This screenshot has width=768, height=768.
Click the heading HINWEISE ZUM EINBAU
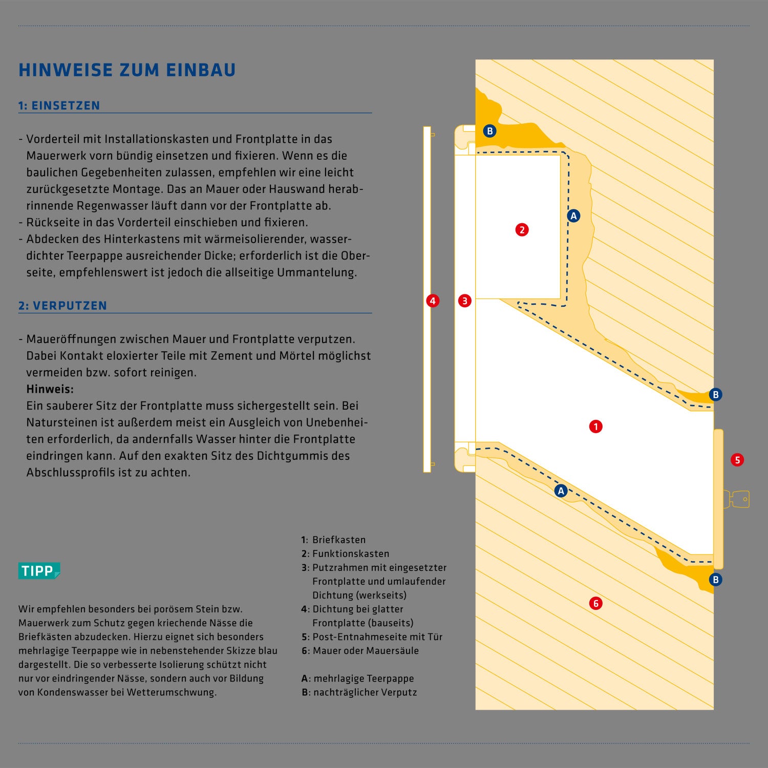point(127,70)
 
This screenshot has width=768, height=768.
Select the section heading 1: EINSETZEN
point(59,106)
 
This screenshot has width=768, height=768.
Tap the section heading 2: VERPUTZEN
point(63,306)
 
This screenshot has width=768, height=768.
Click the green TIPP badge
point(39,571)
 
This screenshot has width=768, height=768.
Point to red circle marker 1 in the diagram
point(595,426)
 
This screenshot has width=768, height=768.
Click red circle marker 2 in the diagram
point(522,230)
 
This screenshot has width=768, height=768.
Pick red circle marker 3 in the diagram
point(464,301)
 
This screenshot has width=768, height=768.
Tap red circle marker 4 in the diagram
point(433,301)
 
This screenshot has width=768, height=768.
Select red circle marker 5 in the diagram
point(737,460)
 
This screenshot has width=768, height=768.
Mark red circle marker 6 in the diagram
point(595,603)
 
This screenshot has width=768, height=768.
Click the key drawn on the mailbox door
point(737,499)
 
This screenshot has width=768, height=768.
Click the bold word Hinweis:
point(50,389)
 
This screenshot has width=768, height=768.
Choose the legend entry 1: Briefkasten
point(334,540)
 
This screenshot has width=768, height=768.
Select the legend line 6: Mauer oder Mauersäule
point(360,651)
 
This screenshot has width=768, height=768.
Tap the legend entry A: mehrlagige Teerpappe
point(358,678)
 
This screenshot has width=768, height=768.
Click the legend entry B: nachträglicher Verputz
point(359,692)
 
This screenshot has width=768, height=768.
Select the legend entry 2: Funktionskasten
point(346,554)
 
